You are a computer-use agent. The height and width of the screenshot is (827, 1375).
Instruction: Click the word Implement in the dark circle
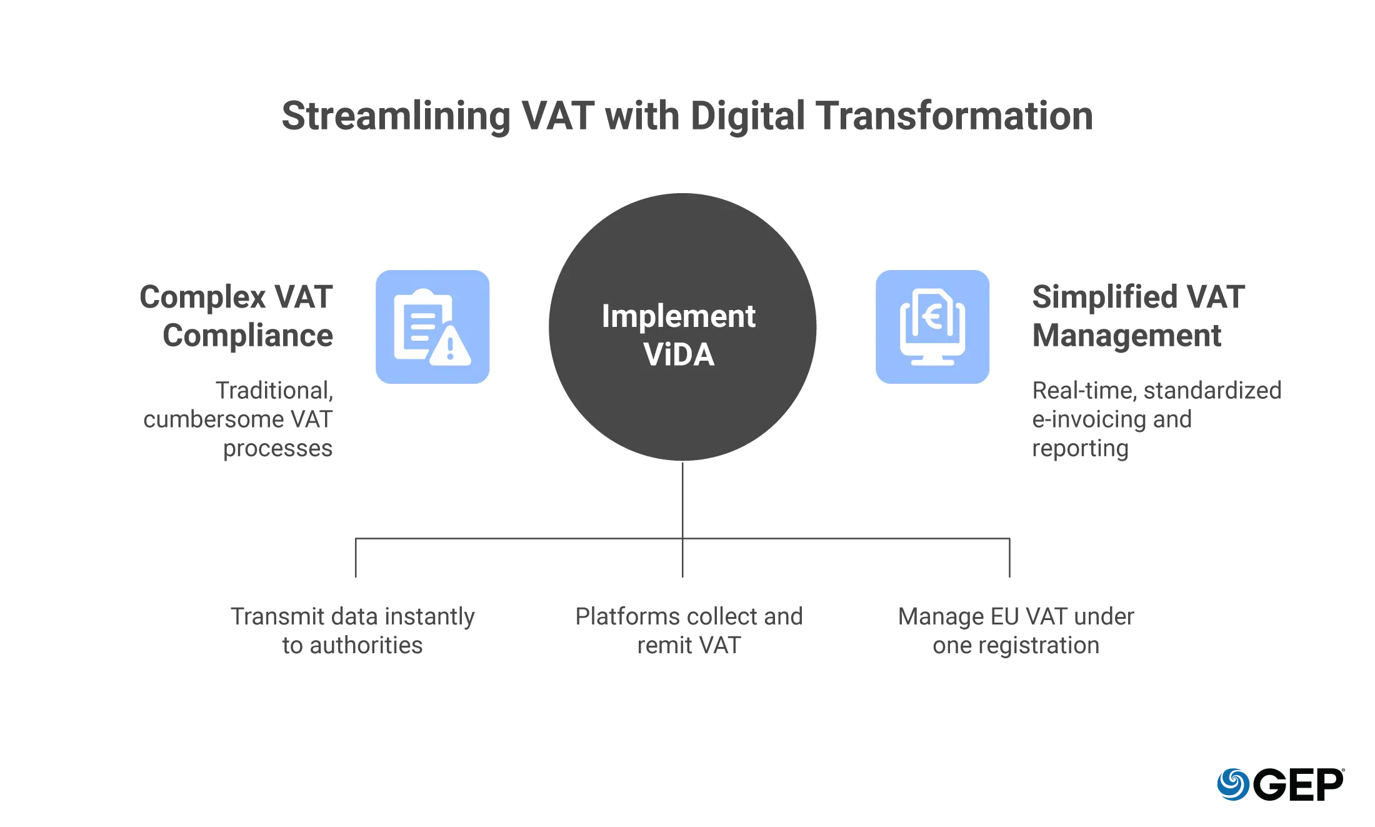pyautogui.click(x=678, y=316)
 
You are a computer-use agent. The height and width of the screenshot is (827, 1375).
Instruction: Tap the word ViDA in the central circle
pyautogui.click(x=679, y=354)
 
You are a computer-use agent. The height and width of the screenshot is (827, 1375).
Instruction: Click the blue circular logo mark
pyautogui.click(x=1232, y=784)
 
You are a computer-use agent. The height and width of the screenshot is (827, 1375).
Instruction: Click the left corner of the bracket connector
pyautogui.click(x=357, y=538)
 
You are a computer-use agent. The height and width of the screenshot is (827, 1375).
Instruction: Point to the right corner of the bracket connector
pyautogui.click(x=1012, y=538)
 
